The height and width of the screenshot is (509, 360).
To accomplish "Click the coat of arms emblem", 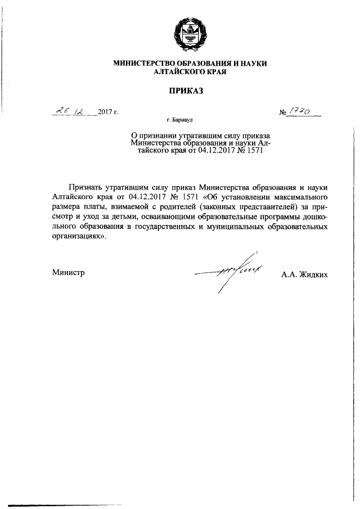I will point(190,33).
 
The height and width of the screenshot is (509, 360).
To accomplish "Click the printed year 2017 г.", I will point(107,112).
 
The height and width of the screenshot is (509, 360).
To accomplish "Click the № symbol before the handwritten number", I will point(283,113).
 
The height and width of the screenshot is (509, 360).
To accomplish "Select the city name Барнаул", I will point(188,120).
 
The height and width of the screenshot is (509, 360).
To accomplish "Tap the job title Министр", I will point(68,272).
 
